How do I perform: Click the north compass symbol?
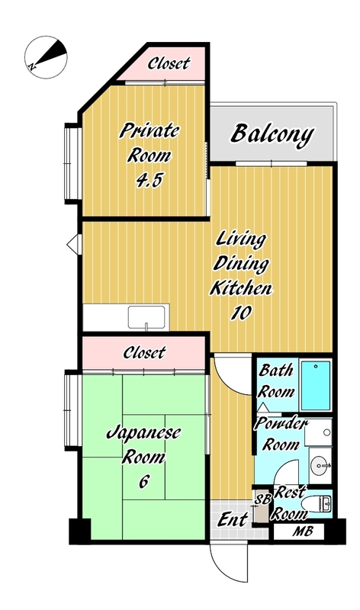click(x=46, y=57)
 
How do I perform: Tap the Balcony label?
click(x=272, y=134)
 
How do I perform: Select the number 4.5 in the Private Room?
click(x=149, y=180)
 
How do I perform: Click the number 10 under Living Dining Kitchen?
click(x=241, y=313)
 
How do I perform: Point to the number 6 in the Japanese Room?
click(x=143, y=482)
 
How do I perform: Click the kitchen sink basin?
click(x=146, y=317)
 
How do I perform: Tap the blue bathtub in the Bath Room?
click(x=316, y=386)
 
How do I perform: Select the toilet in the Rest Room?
click(x=317, y=504)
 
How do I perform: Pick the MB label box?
click(x=298, y=531)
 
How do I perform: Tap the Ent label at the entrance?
click(x=233, y=519)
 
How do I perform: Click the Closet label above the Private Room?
click(x=169, y=63)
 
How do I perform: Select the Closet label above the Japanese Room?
click(x=144, y=352)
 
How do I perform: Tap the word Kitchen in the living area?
click(x=241, y=288)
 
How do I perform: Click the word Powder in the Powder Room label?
click(x=281, y=423)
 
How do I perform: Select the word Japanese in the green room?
click(x=143, y=433)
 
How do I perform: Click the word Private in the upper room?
click(x=149, y=130)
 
